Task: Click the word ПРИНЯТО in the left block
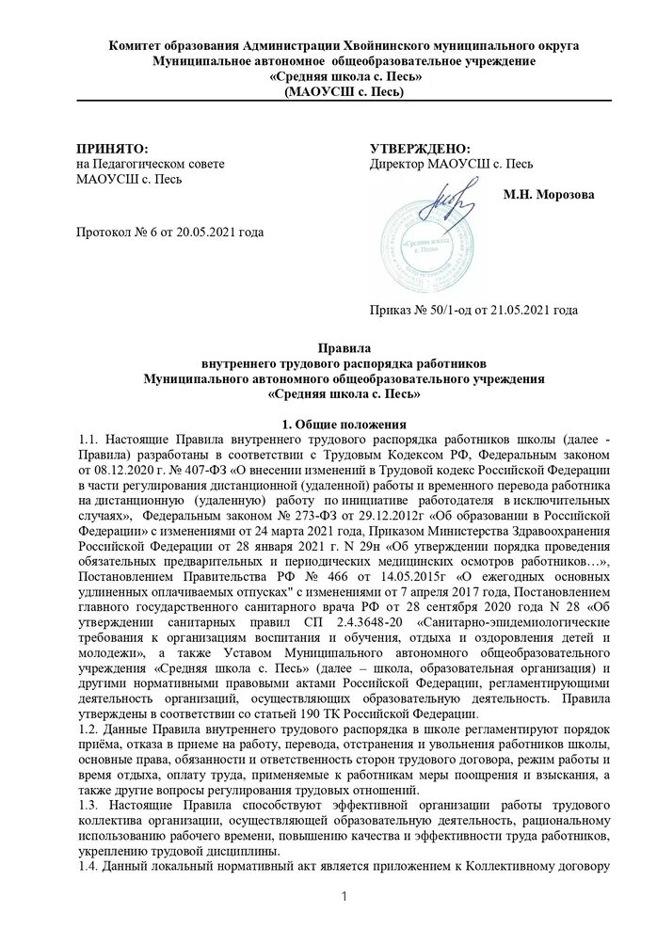coord(112,149)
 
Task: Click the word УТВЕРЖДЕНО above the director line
coord(421,149)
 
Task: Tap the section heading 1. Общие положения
coord(337,424)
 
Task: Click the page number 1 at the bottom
coord(345,894)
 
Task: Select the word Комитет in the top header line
coord(137,45)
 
